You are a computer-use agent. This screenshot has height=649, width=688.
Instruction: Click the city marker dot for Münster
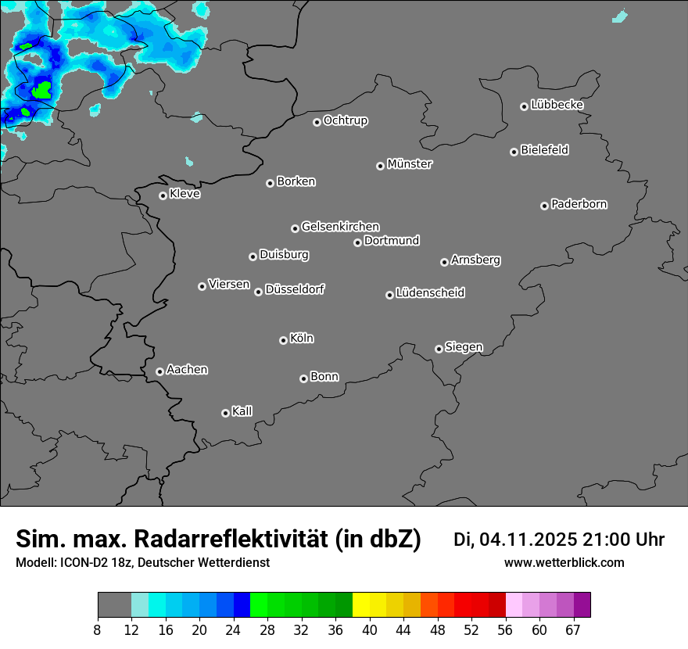380,166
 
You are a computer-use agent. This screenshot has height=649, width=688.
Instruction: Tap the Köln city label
302,339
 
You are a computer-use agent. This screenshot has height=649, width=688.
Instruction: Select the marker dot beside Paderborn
544,206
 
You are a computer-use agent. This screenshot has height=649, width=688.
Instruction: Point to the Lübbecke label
557,105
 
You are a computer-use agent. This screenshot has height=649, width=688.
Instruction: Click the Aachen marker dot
159,371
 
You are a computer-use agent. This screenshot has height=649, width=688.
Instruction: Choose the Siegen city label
464,347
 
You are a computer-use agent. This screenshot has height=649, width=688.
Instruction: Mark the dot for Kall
225,413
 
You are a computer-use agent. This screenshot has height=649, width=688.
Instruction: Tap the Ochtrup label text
346,120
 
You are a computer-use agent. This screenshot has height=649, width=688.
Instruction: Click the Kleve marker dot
163,195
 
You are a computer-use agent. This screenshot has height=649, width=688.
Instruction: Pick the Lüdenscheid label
430,293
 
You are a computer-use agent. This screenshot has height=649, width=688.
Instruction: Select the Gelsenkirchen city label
340,227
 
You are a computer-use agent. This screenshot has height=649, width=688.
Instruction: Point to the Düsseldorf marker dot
258,292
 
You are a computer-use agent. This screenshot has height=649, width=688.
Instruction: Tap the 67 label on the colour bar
573,629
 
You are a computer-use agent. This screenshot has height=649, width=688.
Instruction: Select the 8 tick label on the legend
98,629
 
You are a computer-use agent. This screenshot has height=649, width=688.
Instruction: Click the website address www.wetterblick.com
564,562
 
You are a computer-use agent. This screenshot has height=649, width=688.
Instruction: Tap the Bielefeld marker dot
514,152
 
